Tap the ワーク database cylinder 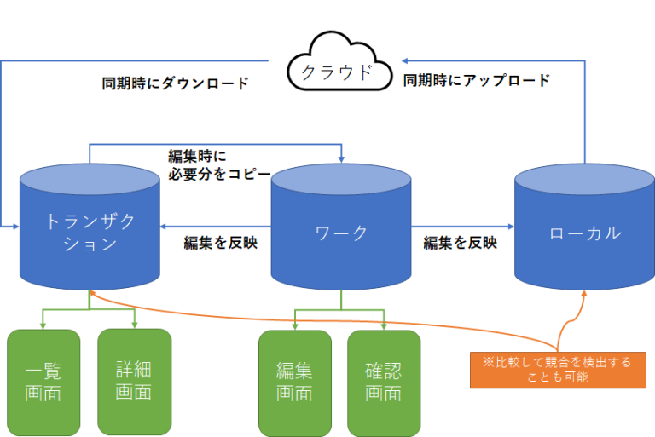[x=341, y=230]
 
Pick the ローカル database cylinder [x=584, y=230]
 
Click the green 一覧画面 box [x=43, y=381]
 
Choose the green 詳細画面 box [x=134, y=381]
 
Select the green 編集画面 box [x=294, y=381]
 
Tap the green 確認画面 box [x=384, y=381]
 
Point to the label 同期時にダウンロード [x=175, y=83]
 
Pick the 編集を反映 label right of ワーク [x=461, y=242]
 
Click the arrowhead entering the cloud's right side [x=407, y=60]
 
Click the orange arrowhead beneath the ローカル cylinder [x=584, y=295]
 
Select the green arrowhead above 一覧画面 [x=43, y=325]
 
